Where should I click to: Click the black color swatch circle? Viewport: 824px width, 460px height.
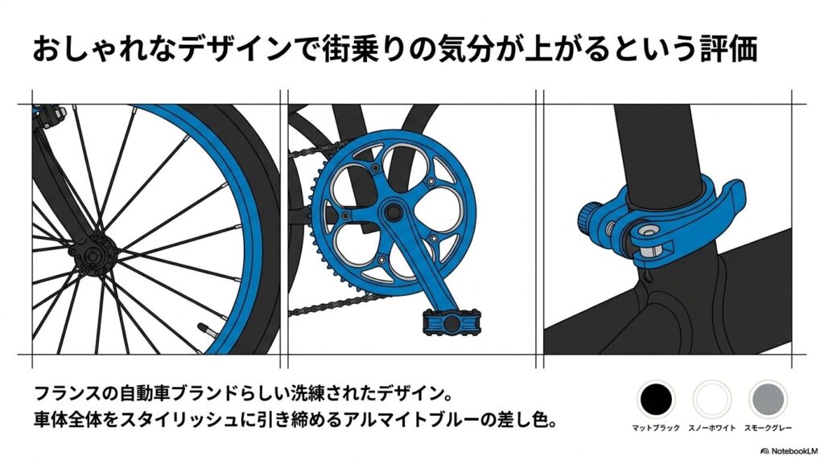pos(655,399)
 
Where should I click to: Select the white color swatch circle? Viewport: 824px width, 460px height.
pos(712,399)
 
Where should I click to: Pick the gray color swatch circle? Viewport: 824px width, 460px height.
pos(768,399)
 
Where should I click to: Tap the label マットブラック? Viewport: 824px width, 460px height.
pos(655,428)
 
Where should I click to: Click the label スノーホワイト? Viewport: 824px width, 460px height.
pos(712,428)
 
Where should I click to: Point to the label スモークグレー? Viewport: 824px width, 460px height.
pos(768,428)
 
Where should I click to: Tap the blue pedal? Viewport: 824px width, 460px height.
pos(451,322)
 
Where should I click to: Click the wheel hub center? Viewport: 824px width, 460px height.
pos(93,256)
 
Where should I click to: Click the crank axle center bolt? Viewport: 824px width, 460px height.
pos(392,212)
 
